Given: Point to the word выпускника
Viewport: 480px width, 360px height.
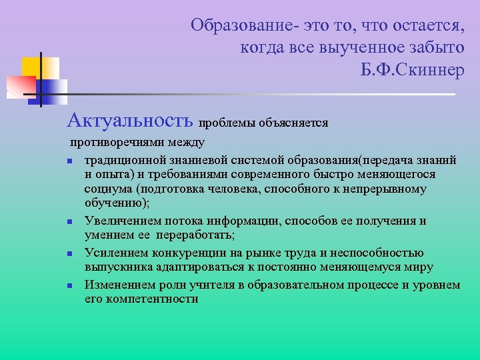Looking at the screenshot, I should click(117, 267).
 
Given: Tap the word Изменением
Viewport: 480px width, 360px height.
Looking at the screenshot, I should click(119, 285).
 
